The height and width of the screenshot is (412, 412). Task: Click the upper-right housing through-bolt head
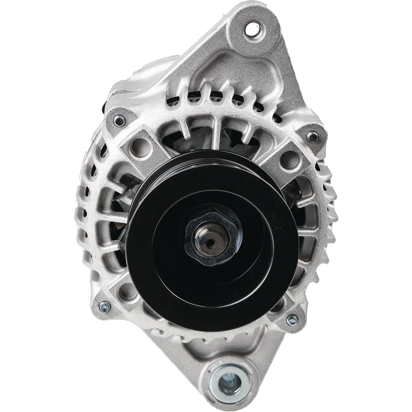click(x=312, y=136)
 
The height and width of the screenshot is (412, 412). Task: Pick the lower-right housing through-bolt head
click(x=292, y=320)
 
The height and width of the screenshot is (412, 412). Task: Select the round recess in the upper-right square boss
click(x=288, y=160)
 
